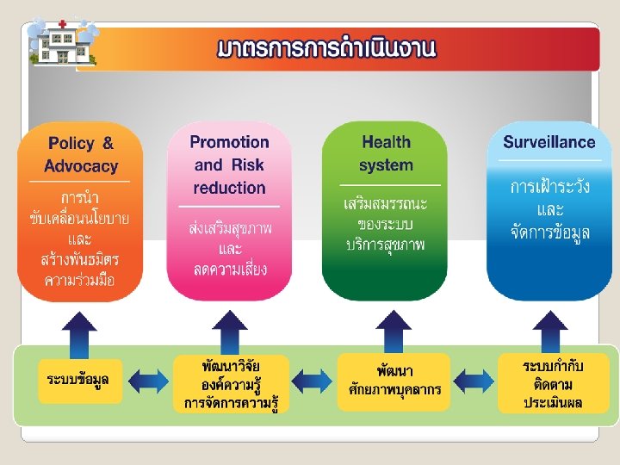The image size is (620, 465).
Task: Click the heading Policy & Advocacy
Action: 81,154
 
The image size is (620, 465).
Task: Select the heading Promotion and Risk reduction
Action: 229,164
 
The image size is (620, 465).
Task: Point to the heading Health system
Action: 386,153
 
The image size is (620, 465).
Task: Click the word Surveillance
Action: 549,142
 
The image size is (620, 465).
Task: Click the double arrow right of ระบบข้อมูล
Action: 148,380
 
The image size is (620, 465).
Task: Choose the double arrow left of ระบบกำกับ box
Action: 473,380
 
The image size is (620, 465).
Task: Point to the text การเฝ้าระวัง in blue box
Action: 549,188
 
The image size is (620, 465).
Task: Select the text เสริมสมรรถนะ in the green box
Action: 386,204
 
